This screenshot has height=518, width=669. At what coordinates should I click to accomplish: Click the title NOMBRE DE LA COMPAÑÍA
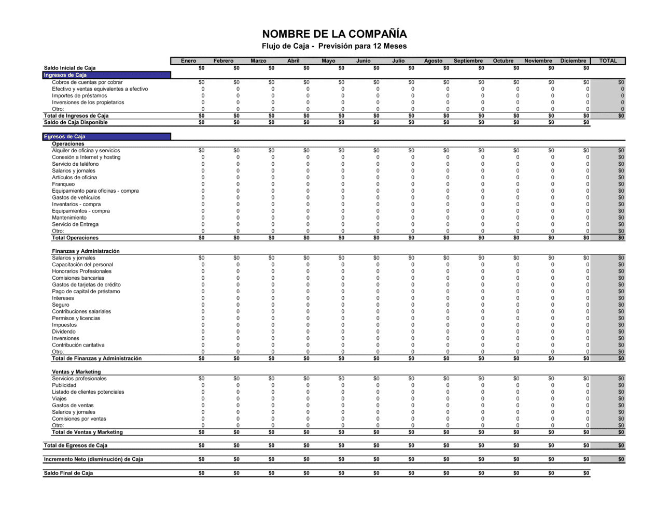[x=334, y=34]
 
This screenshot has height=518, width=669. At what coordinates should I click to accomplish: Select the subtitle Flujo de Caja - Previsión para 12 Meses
[x=334, y=46]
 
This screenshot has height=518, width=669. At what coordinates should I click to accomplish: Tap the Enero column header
[x=188, y=61]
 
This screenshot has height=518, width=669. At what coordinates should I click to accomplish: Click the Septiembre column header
[x=468, y=61]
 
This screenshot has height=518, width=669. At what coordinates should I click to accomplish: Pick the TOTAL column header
[x=608, y=61]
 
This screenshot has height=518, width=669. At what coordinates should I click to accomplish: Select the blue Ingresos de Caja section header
[x=106, y=75]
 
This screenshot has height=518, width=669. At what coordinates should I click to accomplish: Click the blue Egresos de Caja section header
[x=106, y=137]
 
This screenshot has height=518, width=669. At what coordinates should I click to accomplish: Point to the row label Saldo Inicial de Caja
[x=69, y=68]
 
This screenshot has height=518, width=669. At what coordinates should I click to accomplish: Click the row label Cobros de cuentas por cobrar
[x=87, y=82]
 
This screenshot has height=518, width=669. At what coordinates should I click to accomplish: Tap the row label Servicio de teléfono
[x=75, y=164]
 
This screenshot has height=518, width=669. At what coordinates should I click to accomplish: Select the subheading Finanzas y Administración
[x=86, y=251]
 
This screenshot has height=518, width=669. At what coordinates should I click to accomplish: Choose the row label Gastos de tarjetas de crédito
[x=86, y=285]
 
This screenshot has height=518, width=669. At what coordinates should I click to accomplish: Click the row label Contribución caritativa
[x=78, y=345]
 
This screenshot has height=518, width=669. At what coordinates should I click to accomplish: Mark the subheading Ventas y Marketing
[x=76, y=372]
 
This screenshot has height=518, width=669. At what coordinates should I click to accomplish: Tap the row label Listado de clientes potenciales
[x=88, y=392]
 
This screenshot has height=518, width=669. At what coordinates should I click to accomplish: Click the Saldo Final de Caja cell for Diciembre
[x=586, y=473]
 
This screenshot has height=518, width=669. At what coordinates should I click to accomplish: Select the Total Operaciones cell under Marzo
[x=271, y=238]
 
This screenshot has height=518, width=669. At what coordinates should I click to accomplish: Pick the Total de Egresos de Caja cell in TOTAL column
[x=621, y=445]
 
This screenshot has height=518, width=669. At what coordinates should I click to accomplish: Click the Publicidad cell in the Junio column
[x=378, y=385]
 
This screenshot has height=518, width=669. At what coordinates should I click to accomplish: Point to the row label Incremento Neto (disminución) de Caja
[x=93, y=459]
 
